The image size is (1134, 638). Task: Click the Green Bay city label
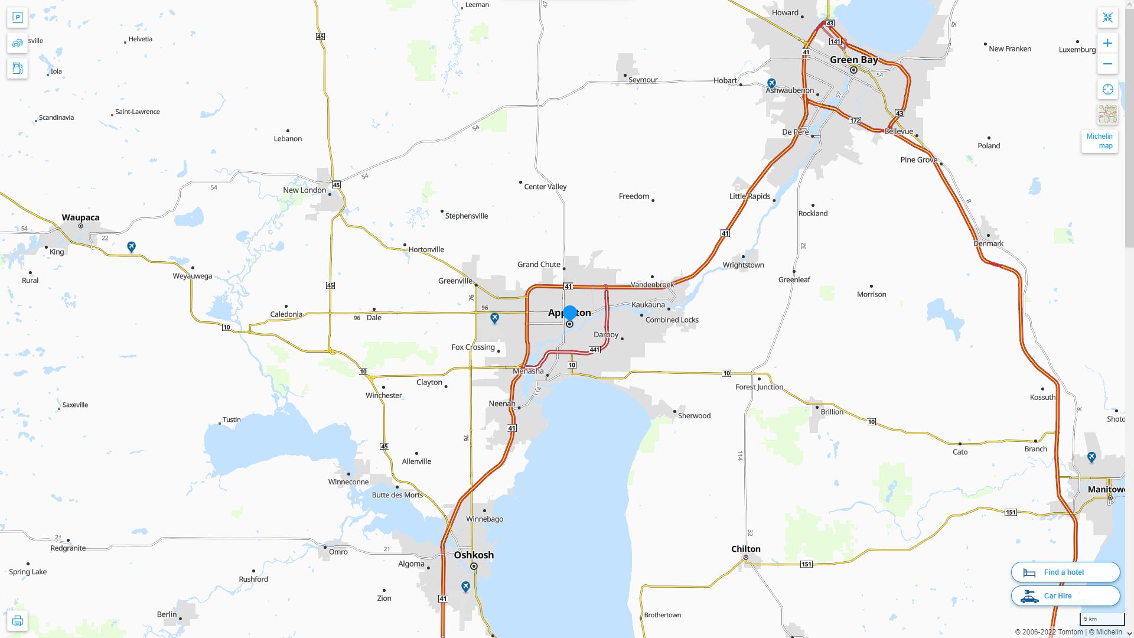point(853,60)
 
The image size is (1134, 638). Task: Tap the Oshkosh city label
point(474,555)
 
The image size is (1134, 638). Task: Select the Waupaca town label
point(80,217)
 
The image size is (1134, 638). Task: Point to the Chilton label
point(746,549)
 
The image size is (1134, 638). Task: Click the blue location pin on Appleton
point(569,313)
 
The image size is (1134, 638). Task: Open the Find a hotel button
point(1065,572)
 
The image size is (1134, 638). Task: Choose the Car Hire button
point(1065,595)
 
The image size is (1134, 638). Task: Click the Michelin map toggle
point(1099,141)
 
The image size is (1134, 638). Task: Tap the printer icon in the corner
point(17,621)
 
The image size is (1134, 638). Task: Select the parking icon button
point(17,18)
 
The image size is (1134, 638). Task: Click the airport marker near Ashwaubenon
point(771,83)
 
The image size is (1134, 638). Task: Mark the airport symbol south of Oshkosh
point(465,587)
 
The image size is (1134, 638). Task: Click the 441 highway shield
point(595,350)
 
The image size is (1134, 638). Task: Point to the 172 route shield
point(855,121)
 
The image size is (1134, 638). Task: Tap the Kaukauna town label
point(648,304)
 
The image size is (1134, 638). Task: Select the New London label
point(304,190)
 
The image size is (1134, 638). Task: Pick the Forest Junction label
point(759,387)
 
